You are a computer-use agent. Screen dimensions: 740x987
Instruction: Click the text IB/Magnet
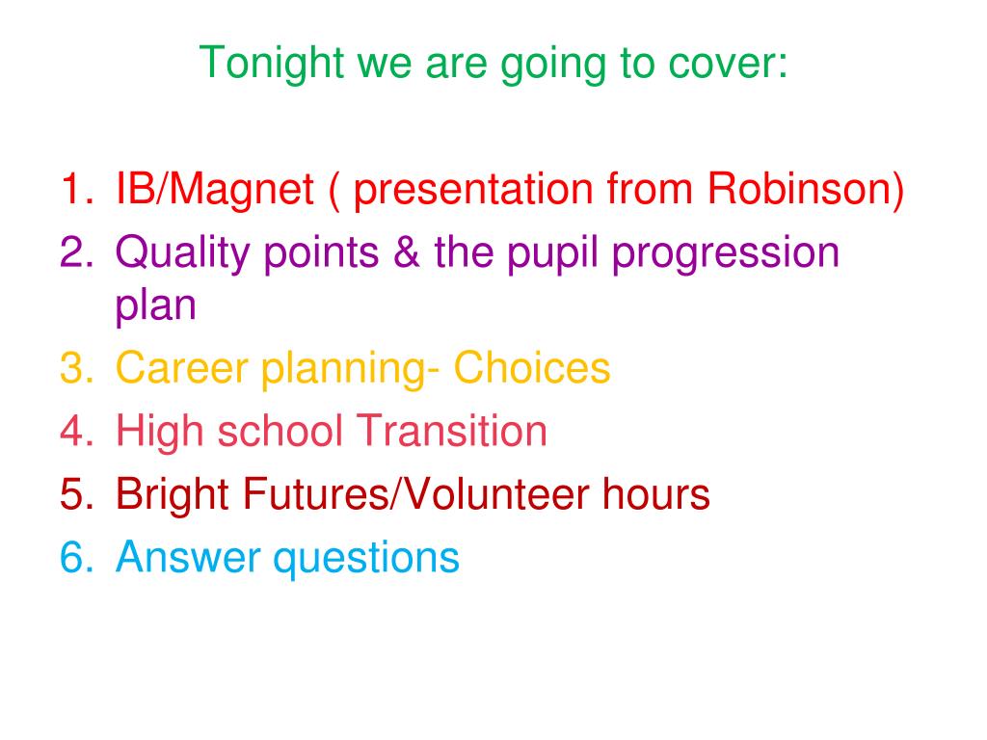tap(214, 190)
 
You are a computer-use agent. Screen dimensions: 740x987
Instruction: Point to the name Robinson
tap(806, 190)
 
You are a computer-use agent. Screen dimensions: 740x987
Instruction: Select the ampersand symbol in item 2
tap(408, 252)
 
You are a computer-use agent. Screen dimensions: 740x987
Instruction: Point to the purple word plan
tap(155, 306)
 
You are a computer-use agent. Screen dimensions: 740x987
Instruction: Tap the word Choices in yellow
tap(532, 368)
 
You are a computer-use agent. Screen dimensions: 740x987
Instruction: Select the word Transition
tap(454, 431)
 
